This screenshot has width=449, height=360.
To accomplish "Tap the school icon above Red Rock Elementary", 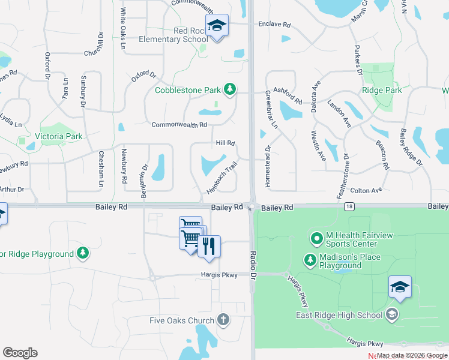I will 217,26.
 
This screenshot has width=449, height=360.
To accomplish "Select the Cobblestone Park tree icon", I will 229,90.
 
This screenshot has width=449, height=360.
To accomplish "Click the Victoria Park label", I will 58,136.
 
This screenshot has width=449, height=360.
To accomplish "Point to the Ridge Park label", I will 382,90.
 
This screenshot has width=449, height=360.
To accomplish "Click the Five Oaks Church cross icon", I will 223,320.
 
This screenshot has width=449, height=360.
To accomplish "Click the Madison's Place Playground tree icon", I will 310,260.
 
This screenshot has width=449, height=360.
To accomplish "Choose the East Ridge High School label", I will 339,314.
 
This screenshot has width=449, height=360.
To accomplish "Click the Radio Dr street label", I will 253,264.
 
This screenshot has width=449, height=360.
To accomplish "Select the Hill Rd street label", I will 225,143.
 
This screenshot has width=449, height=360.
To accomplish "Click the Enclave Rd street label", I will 274,25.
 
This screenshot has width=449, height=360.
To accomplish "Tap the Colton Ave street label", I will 366,190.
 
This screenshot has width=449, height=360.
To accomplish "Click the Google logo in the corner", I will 20,353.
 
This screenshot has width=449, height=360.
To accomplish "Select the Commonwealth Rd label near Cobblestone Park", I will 179,125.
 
